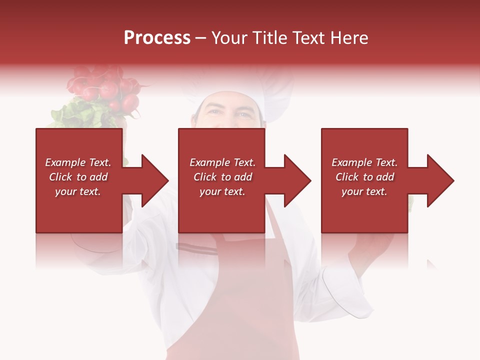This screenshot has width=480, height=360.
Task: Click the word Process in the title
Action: pyautogui.click(x=157, y=38)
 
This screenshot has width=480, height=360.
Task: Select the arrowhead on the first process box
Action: pyautogui.click(x=149, y=180)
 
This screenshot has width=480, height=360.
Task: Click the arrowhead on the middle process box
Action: pyautogui.click(x=292, y=180)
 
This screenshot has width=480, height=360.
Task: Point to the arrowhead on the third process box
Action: pyautogui.click(x=436, y=180)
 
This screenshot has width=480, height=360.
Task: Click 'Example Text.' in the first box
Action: pyautogui.click(x=78, y=162)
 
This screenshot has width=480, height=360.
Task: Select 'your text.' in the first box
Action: pyautogui.click(x=78, y=191)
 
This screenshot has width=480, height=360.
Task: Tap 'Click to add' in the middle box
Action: pyautogui.click(x=222, y=177)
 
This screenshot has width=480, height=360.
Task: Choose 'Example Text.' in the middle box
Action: pyautogui.click(x=222, y=162)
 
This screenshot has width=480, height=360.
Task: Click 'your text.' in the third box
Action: pyautogui.click(x=364, y=191)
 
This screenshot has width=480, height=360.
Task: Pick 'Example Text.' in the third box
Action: pyautogui.click(x=364, y=162)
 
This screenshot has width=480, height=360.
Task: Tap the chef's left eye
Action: pyautogui.click(x=244, y=114)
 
